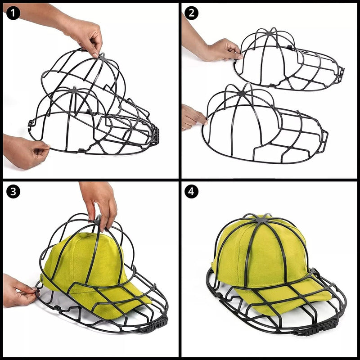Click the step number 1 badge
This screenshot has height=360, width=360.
[13, 13]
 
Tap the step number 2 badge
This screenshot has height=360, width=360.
[192, 13]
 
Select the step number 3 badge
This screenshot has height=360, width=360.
[13, 192]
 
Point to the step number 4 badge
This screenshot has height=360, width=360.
[192, 192]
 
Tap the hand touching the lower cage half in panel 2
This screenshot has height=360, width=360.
[192, 117]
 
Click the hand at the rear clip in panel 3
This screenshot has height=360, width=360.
[19, 290]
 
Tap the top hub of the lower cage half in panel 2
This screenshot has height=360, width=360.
[242, 93]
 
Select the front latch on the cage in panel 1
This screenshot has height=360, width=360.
[156, 135]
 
